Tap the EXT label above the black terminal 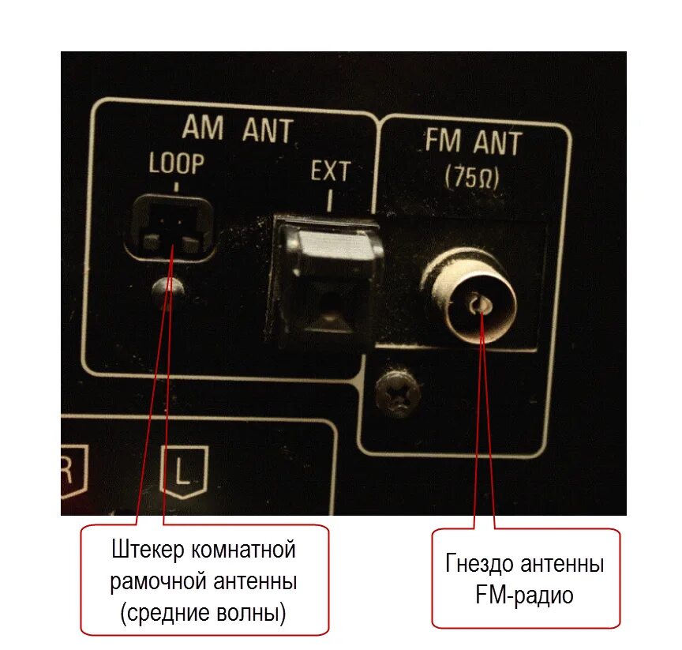[x=329, y=171]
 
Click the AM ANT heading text [x=237, y=130]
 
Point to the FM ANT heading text [x=474, y=144]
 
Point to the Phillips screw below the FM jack [x=397, y=393]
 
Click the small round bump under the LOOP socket [x=168, y=287]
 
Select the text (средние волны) [x=204, y=613]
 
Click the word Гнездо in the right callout [x=481, y=564]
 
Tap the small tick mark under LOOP [x=176, y=187]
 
